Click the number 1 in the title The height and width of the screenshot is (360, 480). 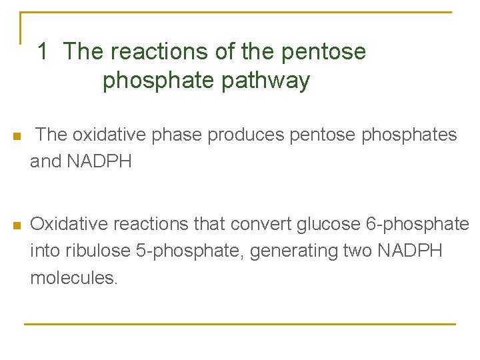pos(43,51)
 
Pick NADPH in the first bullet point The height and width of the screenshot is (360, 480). pos(99,161)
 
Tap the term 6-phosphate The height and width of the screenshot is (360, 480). pos(418,224)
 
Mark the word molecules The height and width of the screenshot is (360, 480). pos(73,277)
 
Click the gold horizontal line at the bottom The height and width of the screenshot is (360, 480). pos(240,324)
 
